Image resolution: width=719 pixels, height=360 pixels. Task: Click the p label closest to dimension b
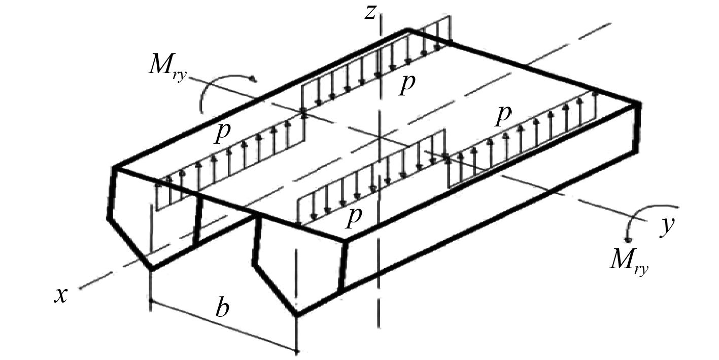pos(353,216)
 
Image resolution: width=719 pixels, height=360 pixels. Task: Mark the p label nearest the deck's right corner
pos(502,115)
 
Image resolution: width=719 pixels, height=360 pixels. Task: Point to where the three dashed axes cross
pos(379,138)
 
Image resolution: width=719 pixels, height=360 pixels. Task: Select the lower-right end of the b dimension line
pos(296,350)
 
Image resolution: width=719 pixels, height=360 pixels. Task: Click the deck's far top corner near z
pos(407,29)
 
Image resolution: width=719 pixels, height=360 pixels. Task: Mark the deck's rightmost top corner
pos(636,104)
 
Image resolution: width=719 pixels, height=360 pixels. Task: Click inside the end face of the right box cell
pos(299,264)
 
